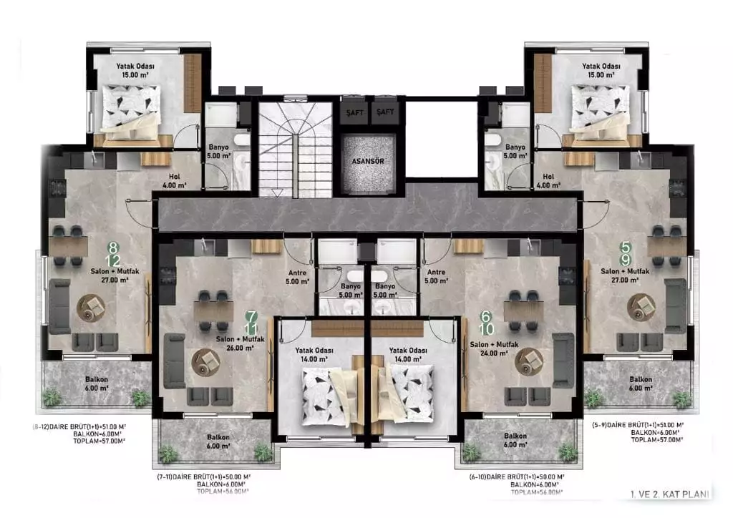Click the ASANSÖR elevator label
tap(369, 162)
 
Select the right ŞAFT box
tap(385, 112)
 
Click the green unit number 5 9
tap(625, 253)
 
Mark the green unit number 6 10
tap(486, 323)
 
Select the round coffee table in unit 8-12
tap(92, 307)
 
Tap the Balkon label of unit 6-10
tap(515, 440)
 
